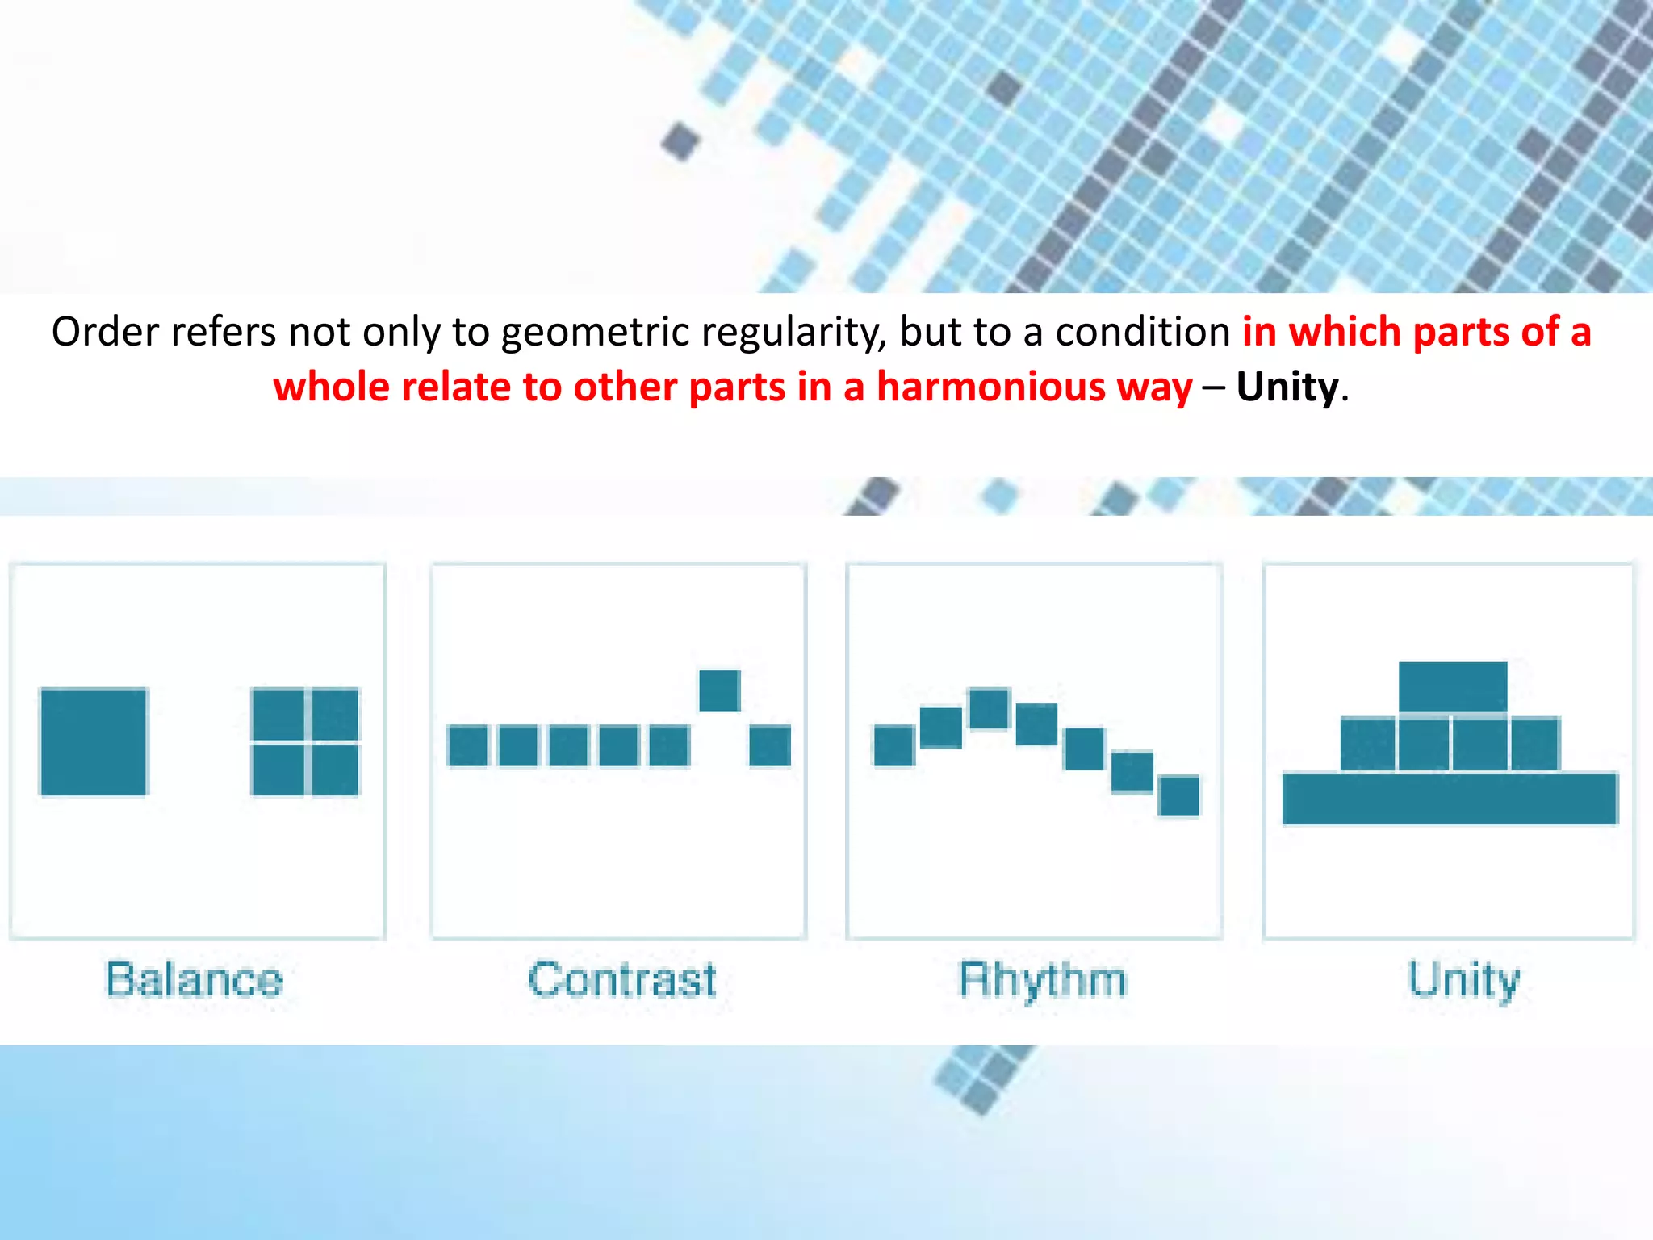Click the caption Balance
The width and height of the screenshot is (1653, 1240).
pyautogui.click(x=195, y=980)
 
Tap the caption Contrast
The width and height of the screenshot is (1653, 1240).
pyautogui.click(x=621, y=980)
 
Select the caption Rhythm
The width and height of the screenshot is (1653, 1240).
pyautogui.click(x=1042, y=980)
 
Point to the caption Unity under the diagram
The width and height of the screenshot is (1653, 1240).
pyautogui.click(x=1463, y=980)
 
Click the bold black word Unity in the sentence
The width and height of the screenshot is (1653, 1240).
pyautogui.click(x=1287, y=387)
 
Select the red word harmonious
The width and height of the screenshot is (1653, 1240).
pyautogui.click(x=1034, y=387)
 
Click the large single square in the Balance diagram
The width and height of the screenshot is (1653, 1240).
pyautogui.click(x=94, y=741)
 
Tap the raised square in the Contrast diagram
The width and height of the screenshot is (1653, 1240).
pyautogui.click(x=719, y=691)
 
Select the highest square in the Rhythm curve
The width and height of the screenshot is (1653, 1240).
pyautogui.click(x=989, y=709)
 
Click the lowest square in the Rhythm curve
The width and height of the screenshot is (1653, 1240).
pyautogui.click(x=1179, y=796)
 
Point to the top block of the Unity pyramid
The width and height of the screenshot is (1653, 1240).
pyautogui.click(x=1453, y=687)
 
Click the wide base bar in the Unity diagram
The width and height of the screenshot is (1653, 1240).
pyautogui.click(x=1450, y=798)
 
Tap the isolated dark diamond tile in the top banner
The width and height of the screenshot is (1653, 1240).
pyautogui.click(x=680, y=141)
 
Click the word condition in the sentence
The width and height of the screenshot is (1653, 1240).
pyautogui.click(x=1142, y=332)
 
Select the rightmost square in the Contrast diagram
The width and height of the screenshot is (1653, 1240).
pyautogui.click(x=769, y=745)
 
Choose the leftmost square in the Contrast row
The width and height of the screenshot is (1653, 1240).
pyautogui.click(x=467, y=745)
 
